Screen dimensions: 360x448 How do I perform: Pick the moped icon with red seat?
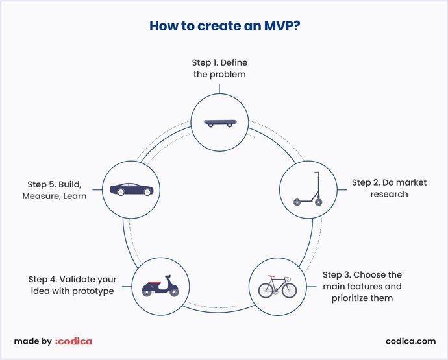coord(160,287)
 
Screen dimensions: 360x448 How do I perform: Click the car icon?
coord(132,189)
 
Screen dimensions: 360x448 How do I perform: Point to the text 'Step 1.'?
coord(206,62)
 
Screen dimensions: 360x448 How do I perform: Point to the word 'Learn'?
coord(75,196)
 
